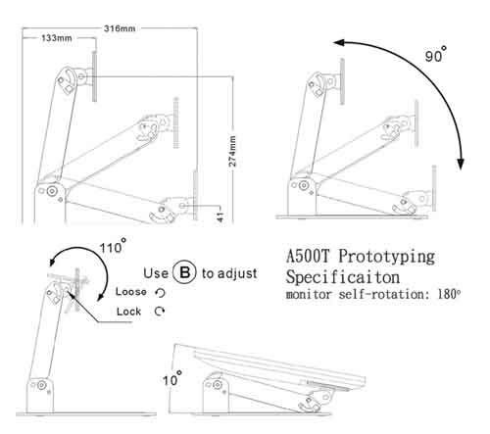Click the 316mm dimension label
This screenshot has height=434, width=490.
point(120,28)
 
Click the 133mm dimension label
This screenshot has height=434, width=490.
point(57,38)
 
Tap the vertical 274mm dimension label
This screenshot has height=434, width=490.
point(232,151)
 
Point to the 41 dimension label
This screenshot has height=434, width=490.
point(220,217)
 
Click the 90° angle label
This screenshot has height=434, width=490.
point(436,55)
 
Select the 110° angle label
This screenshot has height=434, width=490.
point(113,246)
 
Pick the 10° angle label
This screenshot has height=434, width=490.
point(172,378)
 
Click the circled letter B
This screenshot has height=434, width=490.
point(184,272)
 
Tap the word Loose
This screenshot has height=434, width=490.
point(131,292)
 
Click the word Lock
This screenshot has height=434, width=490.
point(128,312)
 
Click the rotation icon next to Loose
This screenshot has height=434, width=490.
point(161,293)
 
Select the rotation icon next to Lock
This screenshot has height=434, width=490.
point(160,312)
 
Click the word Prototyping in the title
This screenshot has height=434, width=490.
point(386,258)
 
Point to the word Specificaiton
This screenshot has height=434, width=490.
point(343,277)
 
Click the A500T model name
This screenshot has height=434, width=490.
point(308,256)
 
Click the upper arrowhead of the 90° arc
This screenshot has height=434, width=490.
point(339,43)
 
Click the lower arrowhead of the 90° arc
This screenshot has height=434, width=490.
point(461,164)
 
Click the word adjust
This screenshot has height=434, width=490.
point(229,273)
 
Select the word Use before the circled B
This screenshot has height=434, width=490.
point(156,273)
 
